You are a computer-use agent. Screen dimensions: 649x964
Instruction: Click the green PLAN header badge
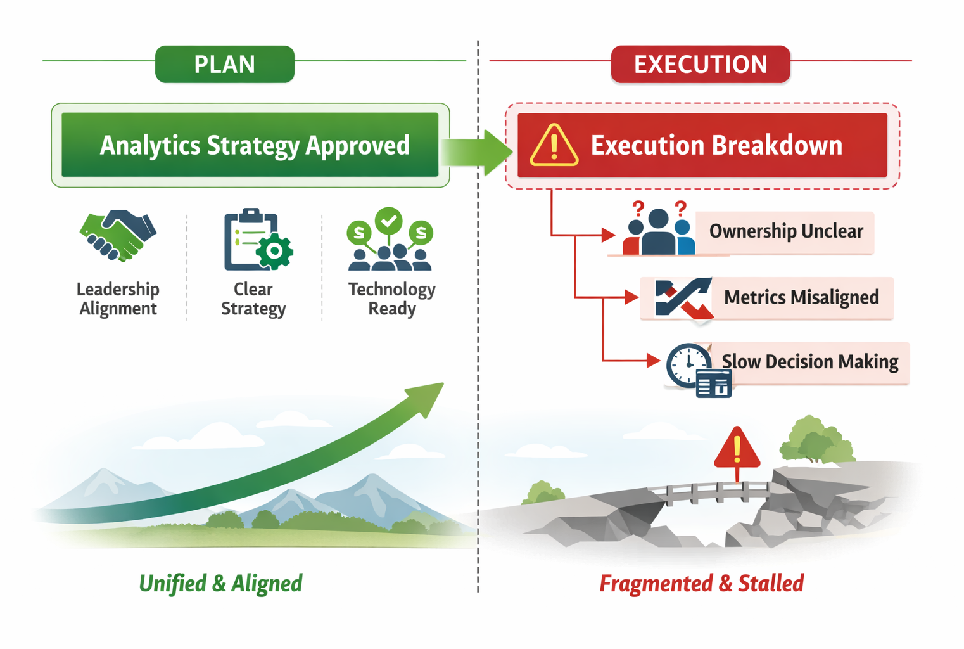coord(225,64)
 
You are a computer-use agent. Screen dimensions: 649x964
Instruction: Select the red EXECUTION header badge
coord(701,64)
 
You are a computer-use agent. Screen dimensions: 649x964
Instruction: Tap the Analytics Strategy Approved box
coord(250,145)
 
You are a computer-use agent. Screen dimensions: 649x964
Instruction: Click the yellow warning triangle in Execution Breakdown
coord(554,146)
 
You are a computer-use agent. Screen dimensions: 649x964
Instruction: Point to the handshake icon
coord(118,235)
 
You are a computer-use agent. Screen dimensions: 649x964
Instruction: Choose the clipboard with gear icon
coord(257,240)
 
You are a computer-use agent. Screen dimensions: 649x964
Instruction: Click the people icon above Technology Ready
coord(390,240)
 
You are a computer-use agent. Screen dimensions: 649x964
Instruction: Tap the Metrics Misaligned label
coord(801,297)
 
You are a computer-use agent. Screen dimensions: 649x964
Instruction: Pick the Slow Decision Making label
coord(811,362)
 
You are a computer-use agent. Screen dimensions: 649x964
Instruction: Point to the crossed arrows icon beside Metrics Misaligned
coord(683,297)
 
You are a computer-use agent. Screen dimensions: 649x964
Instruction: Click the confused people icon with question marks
coord(658,229)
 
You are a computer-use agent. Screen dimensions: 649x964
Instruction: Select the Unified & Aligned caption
coord(220,583)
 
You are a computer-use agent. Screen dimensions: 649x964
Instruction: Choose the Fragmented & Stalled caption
coord(701,583)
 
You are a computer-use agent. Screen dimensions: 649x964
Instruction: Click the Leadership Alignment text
coord(118,299)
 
